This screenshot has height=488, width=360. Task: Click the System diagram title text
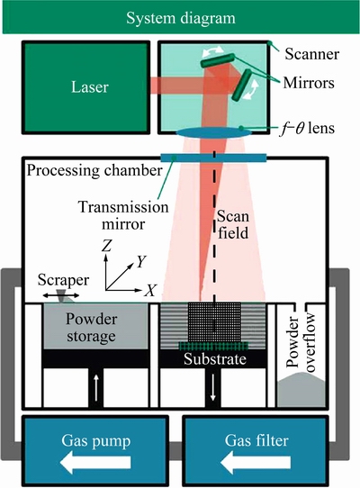pos(181,18)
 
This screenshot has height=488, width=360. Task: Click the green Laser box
pos(85,87)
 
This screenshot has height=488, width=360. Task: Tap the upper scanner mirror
pos(218,60)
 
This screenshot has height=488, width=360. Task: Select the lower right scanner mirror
pos(241,85)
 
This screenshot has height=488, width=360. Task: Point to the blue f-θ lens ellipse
pos(214,132)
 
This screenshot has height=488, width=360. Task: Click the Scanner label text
pos(311,54)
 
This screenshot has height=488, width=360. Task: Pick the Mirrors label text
pos(309,83)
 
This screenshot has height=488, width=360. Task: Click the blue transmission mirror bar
pos(213,158)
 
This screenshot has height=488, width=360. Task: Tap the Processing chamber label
pos(94,170)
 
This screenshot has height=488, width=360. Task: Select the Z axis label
pos(106,246)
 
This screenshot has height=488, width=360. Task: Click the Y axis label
pos(141,262)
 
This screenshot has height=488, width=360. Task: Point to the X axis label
pos(150,290)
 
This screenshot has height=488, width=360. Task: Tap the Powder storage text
pos(91,328)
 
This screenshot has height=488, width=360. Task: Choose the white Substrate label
pos(215,359)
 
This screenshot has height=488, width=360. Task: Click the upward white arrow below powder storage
pos(95,387)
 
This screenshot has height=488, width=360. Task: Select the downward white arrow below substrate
pos(213,387)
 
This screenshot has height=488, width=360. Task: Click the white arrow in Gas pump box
pos(95,463)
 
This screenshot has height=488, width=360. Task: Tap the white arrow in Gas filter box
pos(256,463)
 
